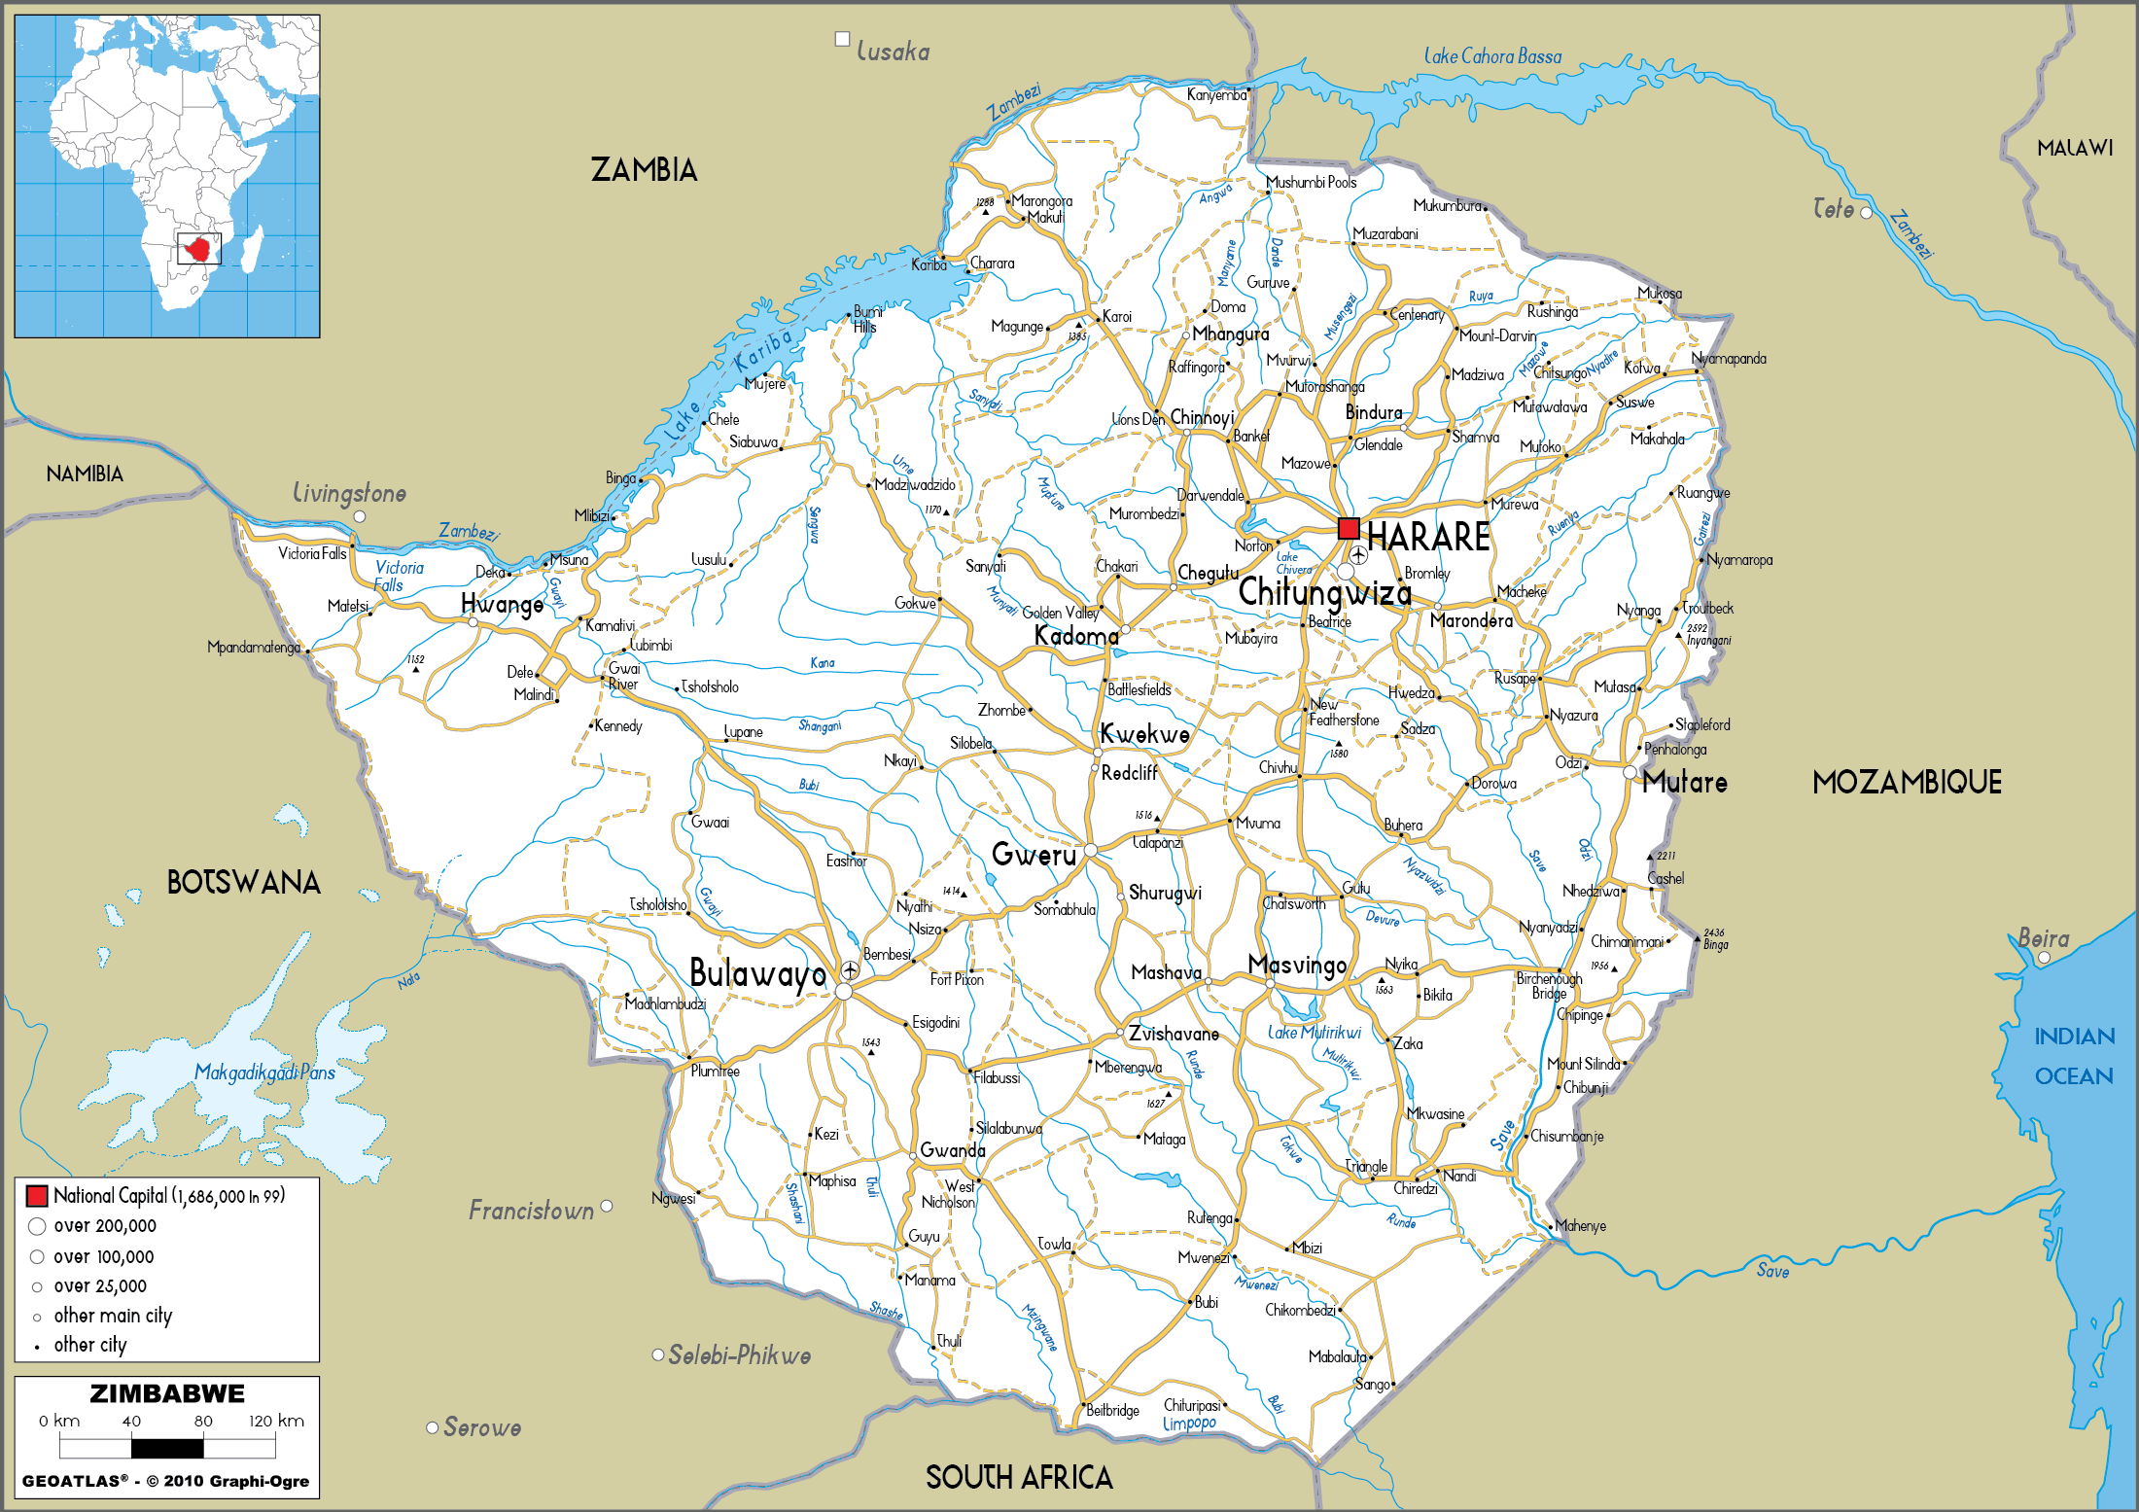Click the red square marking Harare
(1349, 529)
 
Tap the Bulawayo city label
(757, 973)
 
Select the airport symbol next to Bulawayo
(851, 970)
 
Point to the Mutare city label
(1685, 783)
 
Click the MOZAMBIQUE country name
(1907, 783)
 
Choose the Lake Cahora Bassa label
(1492, 56)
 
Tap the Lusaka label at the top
(893, 52)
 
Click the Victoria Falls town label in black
(312, 553)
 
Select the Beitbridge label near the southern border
(1112, 1410)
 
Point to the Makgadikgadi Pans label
(264, 1072)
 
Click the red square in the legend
(37, 1196)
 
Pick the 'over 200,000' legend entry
(104, 1226)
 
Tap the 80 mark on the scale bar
(203, 1421)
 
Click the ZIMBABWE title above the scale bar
(167, 1393)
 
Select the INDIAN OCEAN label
(2074, 1056)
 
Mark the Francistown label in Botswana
(531, 1211)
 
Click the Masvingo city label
(1297, 966)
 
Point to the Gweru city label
(1034, 855)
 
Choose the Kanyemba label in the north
(1216, 95)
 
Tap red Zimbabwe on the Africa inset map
(199, 249)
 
